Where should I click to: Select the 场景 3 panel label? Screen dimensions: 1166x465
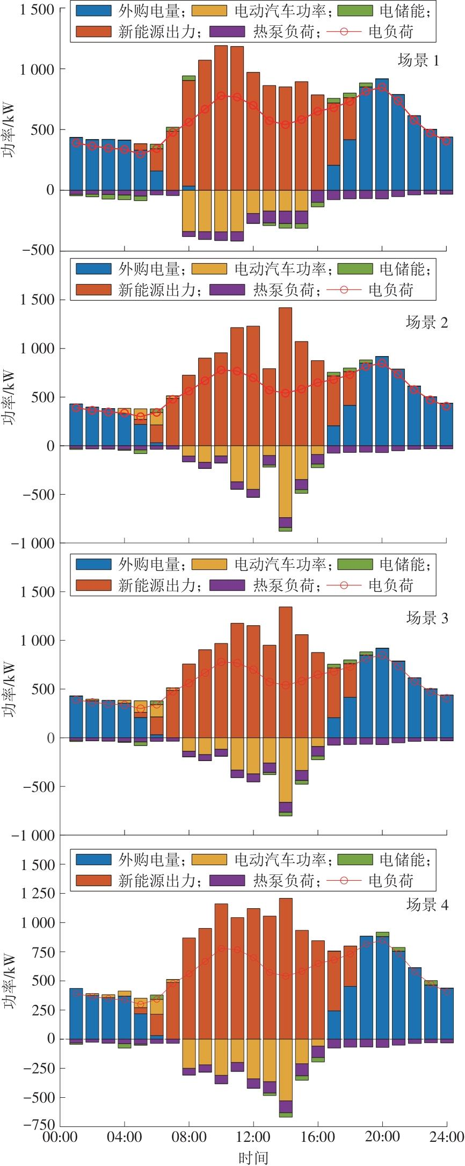[426, 618]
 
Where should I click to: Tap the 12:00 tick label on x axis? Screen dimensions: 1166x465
[253, 1136]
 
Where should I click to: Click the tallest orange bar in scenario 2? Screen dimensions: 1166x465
[286, 376]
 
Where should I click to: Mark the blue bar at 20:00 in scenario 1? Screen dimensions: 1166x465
[382, 134]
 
